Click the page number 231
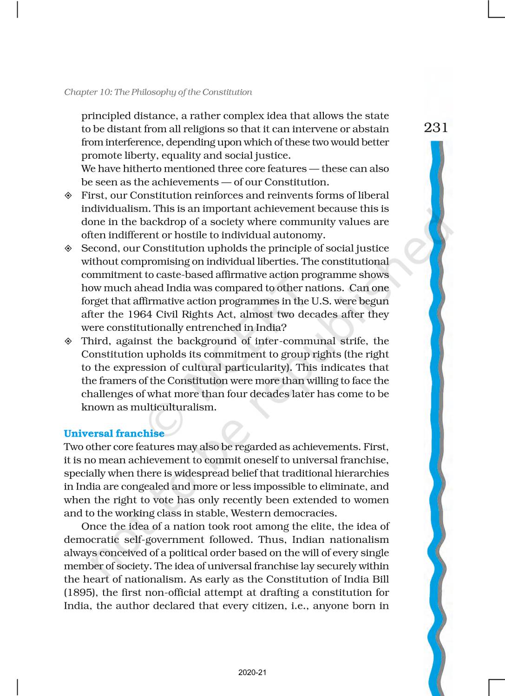(x=436, y=128)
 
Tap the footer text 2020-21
(x=252, y=672)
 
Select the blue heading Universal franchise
(x=114, y=433)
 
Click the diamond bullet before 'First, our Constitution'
(x=68, y=196)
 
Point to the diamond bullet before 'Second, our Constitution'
(x=68, y=249)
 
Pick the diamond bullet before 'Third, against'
(x=68, y=342)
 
